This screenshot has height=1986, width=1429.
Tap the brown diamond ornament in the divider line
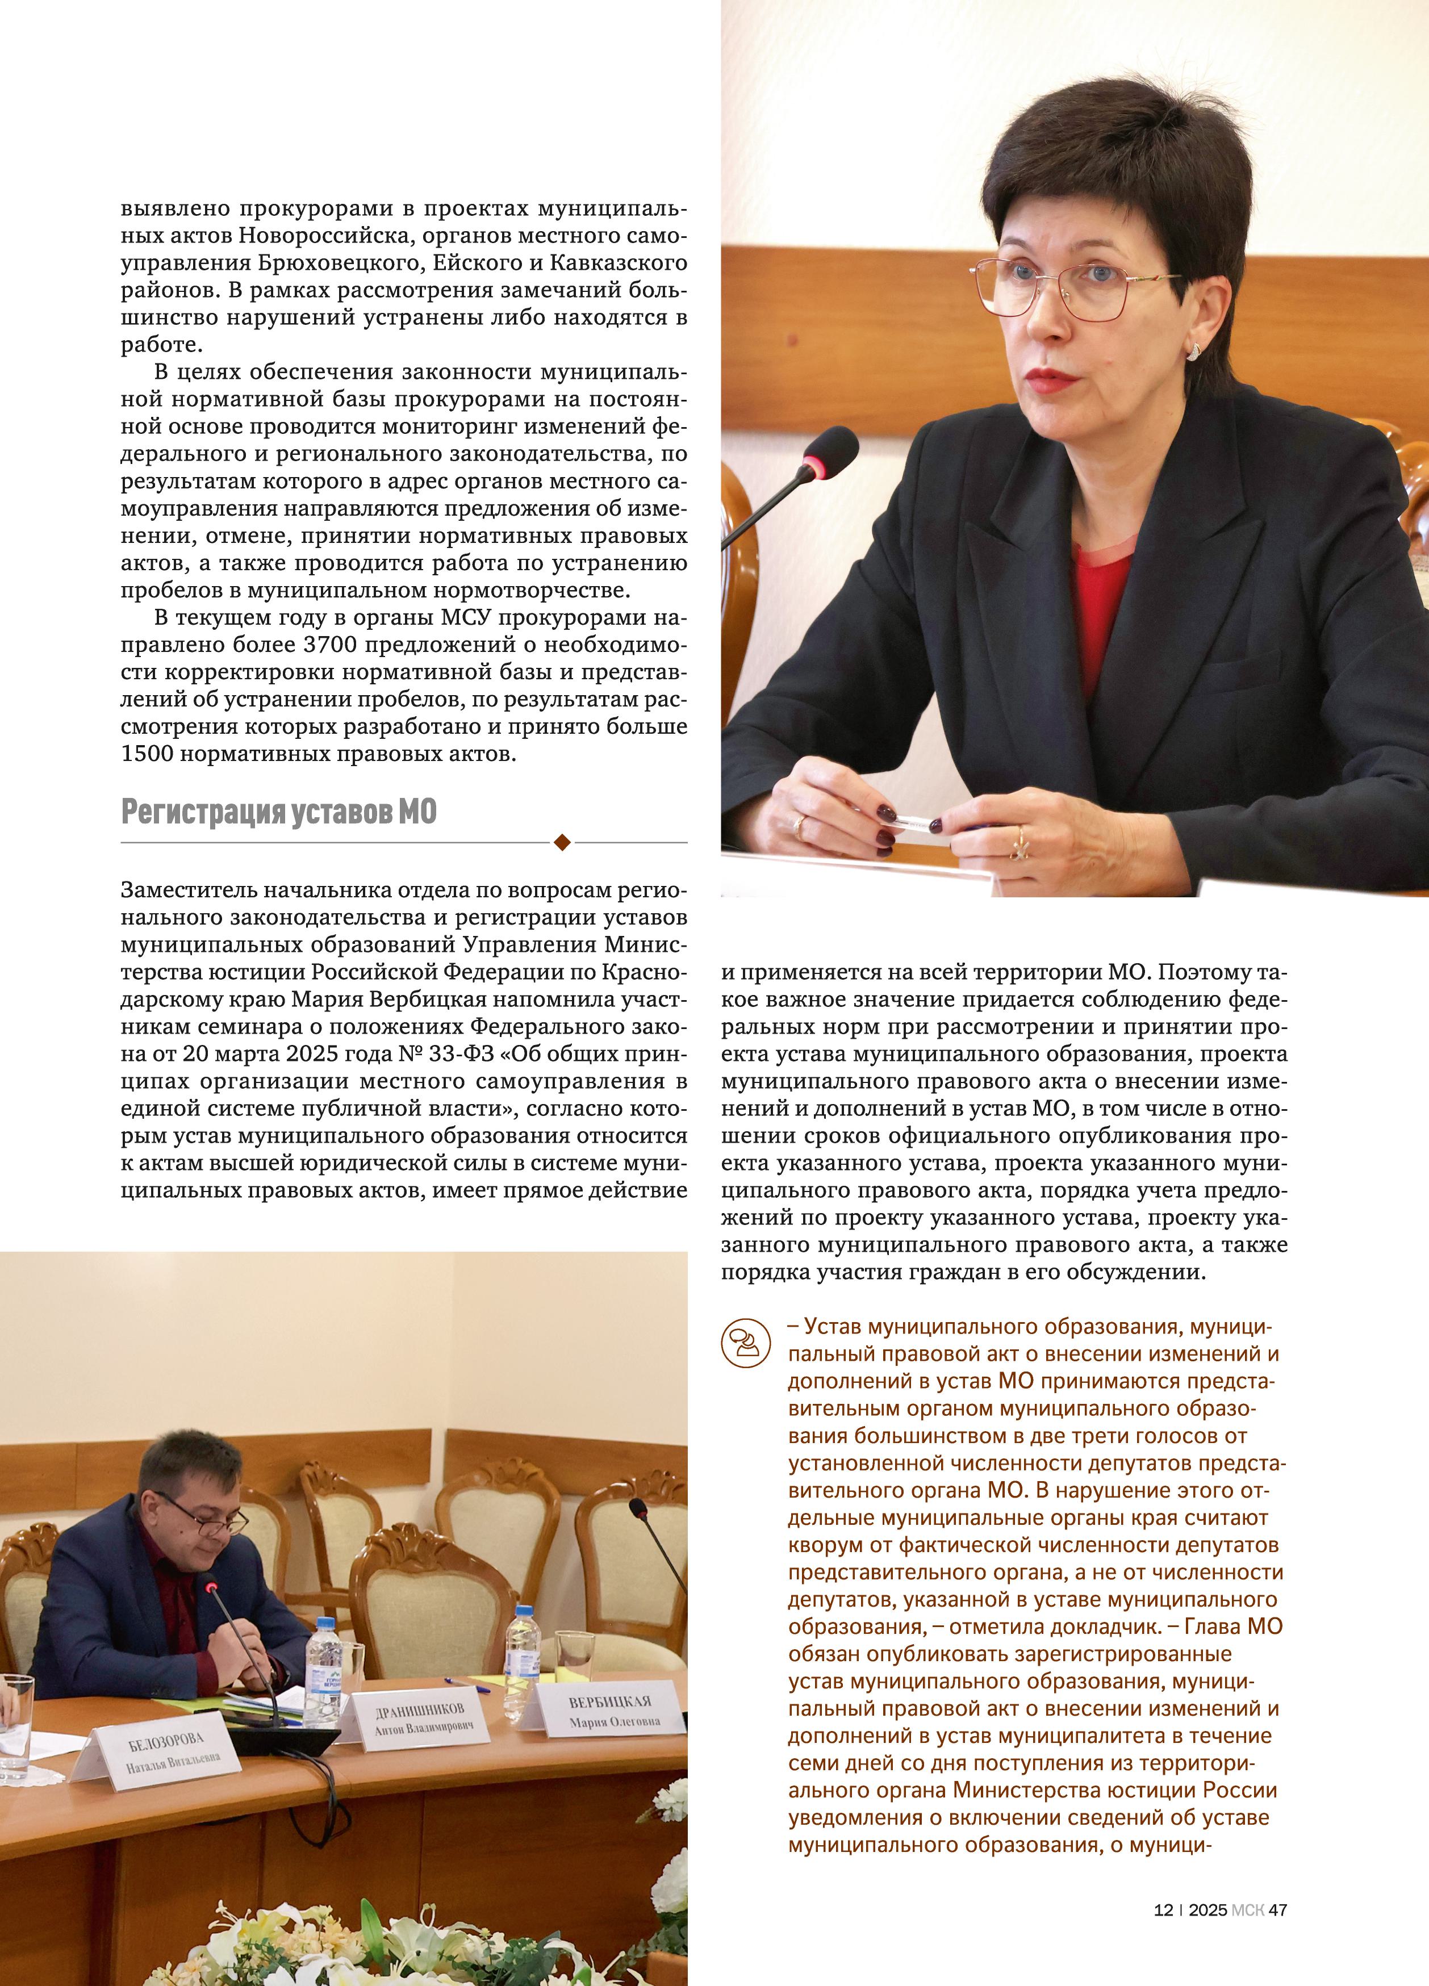(562, 842)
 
